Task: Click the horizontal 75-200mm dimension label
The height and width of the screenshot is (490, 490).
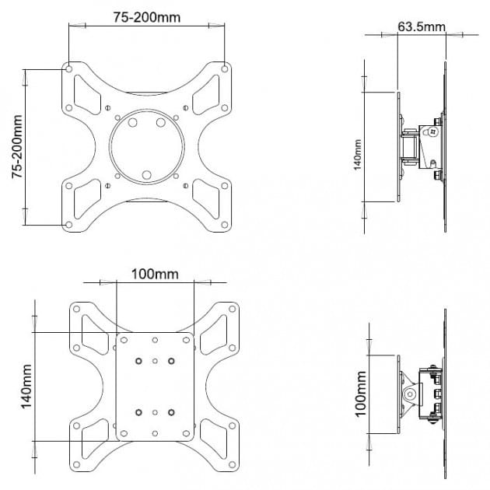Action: pyautogui.click(x=146, y=17)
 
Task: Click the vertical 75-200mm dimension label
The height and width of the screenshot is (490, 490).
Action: pyautogui.click(x=17, y=147)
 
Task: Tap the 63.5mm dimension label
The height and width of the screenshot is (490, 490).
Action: pyautogui.click(x=422, y=27)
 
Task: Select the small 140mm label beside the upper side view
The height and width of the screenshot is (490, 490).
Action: pyautogui.click(x=358, y=155)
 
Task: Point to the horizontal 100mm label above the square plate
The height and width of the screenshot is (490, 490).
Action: pyautogui.click(x=155, y=275)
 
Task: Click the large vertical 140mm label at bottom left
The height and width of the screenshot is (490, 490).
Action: pyautogui.click(x=26, y=387)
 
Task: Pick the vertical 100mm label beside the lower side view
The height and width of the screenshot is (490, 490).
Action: pyautogui.click(x=360, y=394)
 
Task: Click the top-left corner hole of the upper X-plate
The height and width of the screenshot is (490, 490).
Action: pyautogui.click(x=69, y=68)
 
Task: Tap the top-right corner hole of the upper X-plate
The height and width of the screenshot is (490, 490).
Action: pyautogui.click(x=224, y=68)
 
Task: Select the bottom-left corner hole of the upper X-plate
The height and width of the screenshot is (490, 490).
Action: pyautogui.click(x=69, y=224)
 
